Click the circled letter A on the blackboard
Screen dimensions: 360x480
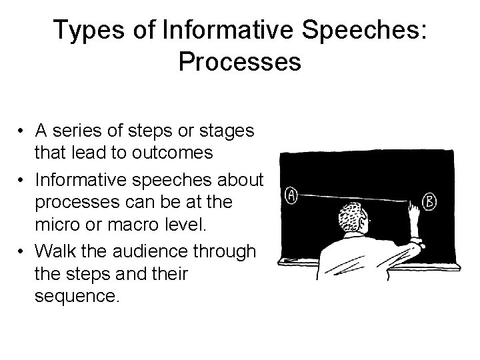(x=291, y=195)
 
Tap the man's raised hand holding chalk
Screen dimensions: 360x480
(x=414, y=215)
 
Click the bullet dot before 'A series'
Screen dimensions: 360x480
(x=23, y=131)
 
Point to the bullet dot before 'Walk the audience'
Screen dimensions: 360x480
(x=23, y=251)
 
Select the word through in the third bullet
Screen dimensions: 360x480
(x=227, y=251)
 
